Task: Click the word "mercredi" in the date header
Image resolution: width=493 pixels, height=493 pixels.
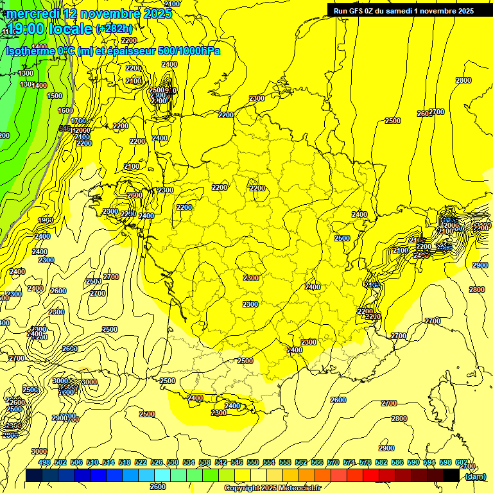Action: [x=31, y=13]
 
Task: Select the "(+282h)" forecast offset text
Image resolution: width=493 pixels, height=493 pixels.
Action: [x=114, y=29]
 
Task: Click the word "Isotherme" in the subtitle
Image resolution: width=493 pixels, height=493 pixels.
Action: [x=30, y=51]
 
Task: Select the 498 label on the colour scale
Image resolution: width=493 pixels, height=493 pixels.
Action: [x=44, y=462]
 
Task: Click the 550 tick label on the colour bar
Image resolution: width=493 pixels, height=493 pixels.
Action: [x=252, y=462]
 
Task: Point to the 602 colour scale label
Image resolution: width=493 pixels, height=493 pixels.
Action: [x=461, y=462]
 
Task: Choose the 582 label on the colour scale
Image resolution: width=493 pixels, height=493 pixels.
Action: [x=381, y=462]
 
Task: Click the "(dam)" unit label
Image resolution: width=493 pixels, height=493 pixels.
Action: [x=475, y=476]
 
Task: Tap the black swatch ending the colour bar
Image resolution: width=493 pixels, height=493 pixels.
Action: [x=451, y=476]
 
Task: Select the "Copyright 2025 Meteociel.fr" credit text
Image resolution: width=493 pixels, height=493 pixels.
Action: [x=272, y=488]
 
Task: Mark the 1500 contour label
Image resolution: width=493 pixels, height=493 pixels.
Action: [x=55, y=96]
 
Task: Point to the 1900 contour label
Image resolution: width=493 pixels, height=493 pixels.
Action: [x=45, y=220]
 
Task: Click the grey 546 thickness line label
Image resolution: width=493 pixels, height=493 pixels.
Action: [x=65, y=129]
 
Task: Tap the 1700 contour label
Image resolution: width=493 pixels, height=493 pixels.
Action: [x=78, y=121]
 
